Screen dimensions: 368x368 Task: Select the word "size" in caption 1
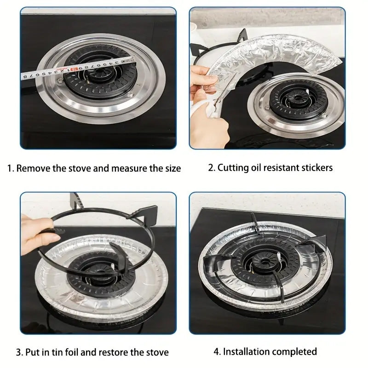171,168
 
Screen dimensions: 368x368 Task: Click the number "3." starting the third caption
20,353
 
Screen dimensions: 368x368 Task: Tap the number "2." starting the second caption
212,167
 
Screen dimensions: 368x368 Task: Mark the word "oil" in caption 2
256,167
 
